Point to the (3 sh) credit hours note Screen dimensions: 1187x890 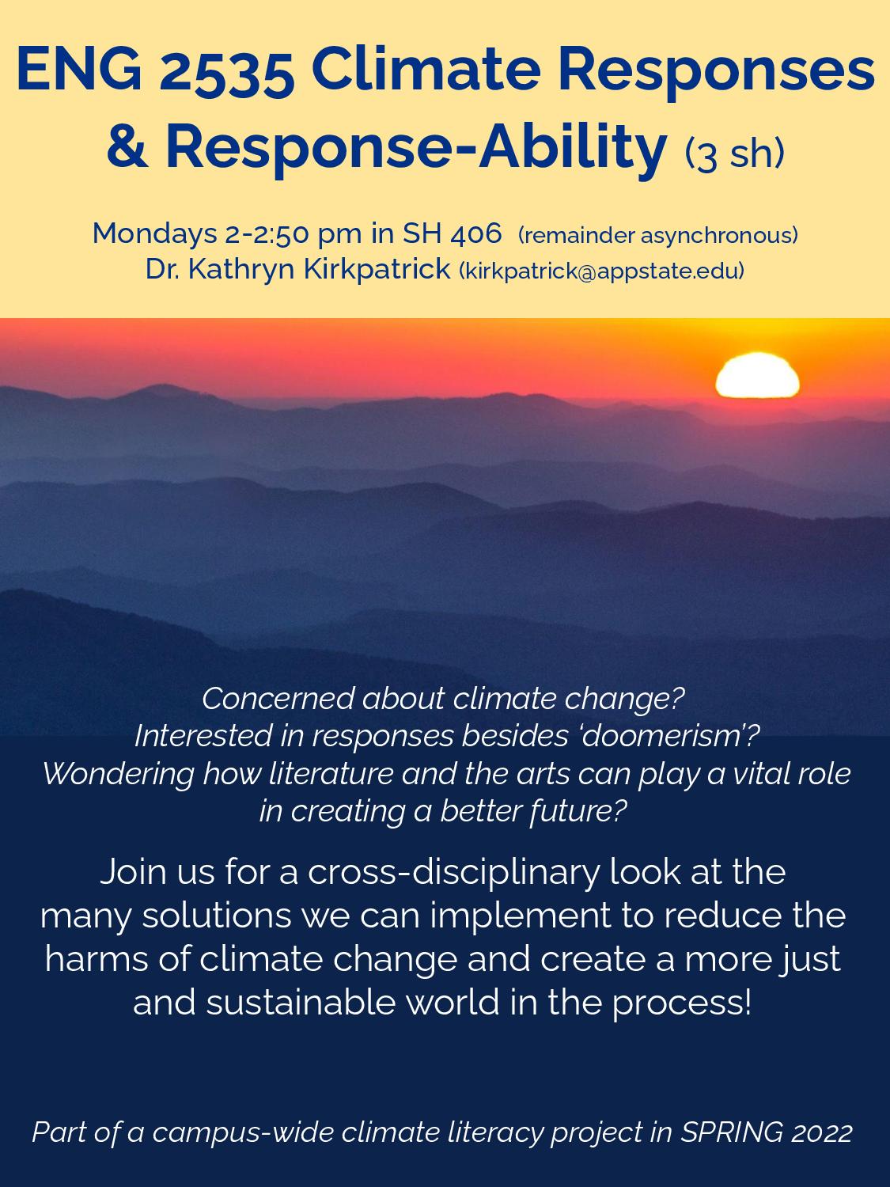coord(733,154)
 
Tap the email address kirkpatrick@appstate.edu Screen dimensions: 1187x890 coord(601,271)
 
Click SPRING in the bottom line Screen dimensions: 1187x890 coord(729,1132)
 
